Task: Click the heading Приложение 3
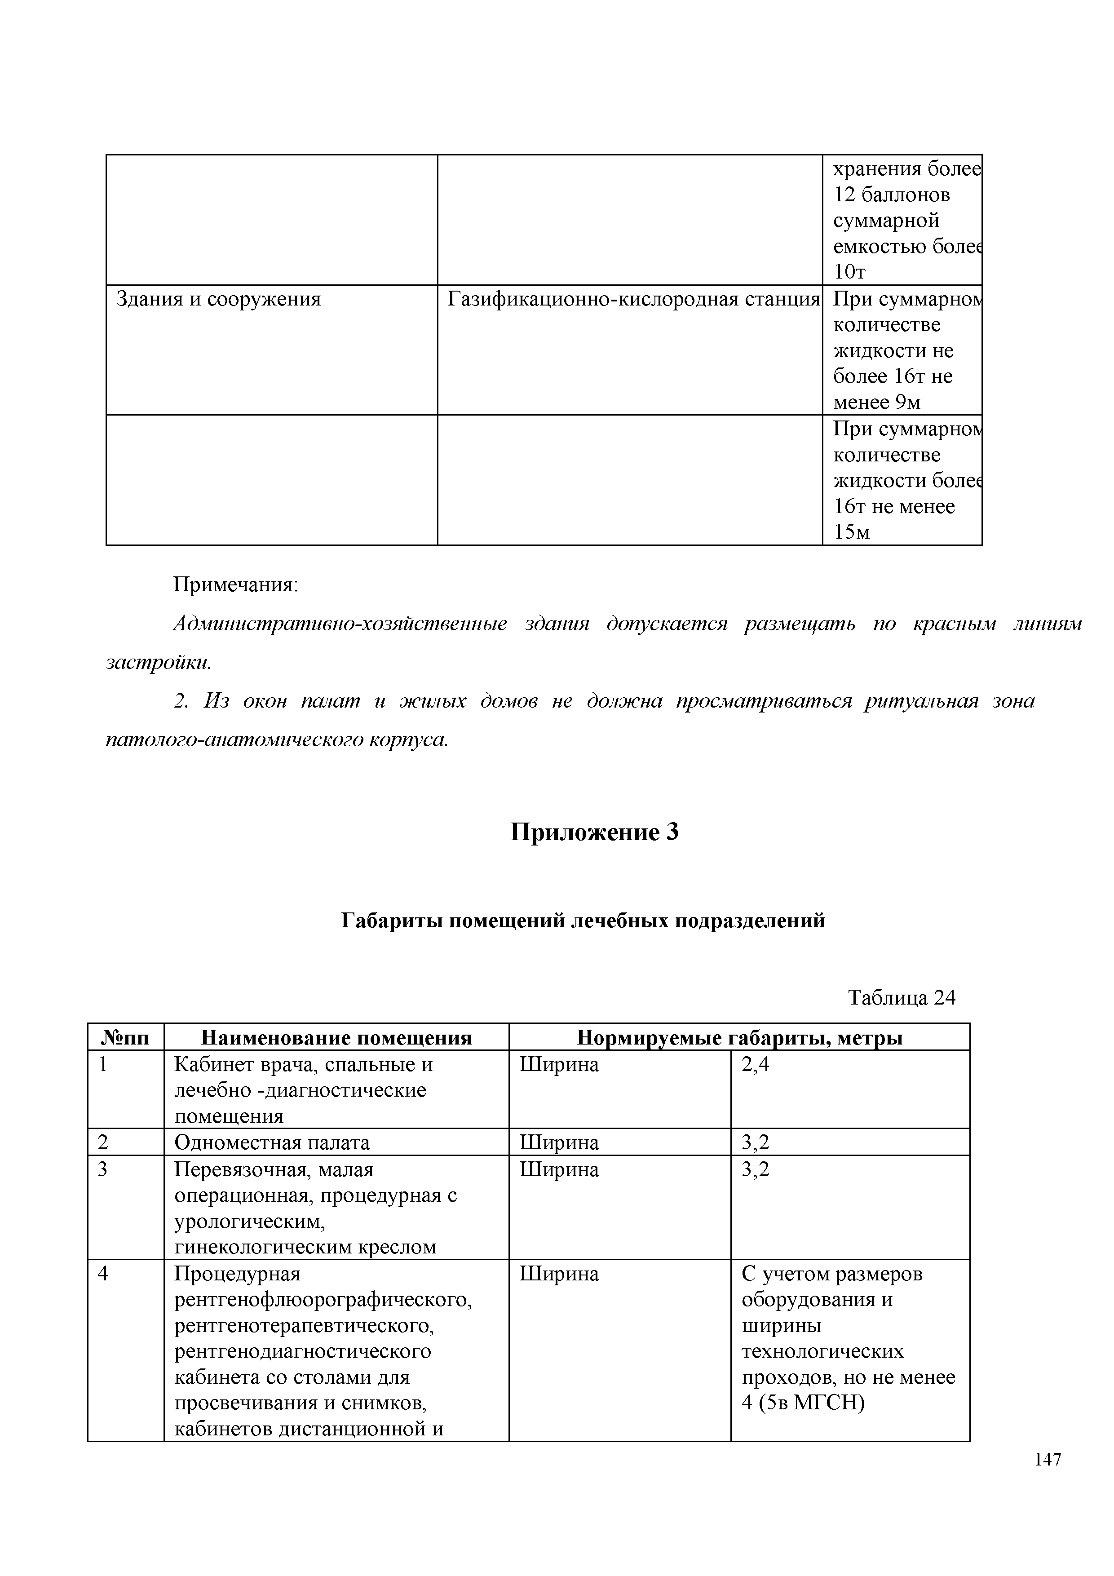click(x=594, y=832)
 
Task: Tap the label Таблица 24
click(x=901, y=997)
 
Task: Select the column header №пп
click(x=126, y=1038)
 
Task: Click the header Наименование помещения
click(x=336, y=1038)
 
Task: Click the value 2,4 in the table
click(x=756, y=1065)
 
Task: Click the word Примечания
click(x=235, y=585)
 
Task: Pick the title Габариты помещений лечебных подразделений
click(x=583, y=921)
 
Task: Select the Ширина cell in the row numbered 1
click(x=559, y=1065)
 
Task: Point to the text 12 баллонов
click(x=892, y=195)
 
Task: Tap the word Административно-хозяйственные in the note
click(x=340, y=624)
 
